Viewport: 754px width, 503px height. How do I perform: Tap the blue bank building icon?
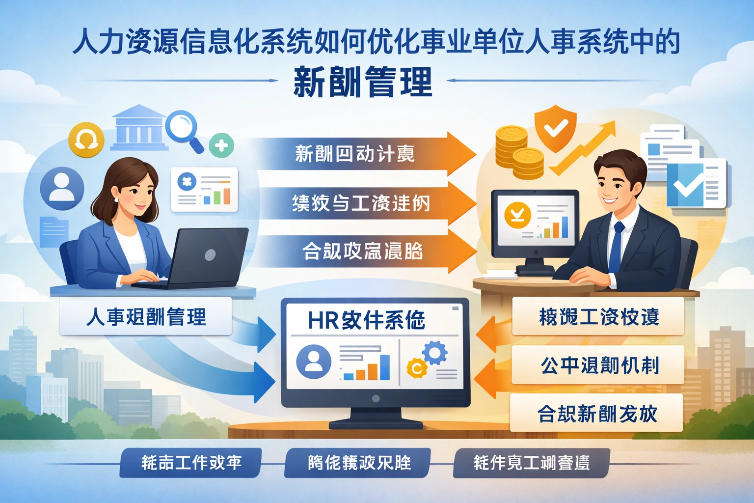(x=139, y=127)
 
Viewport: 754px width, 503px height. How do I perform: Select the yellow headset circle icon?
(x=86, y=140)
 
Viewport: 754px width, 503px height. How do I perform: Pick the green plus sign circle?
(x=221, y=145)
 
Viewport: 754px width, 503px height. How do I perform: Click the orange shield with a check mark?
(x=555, y=129)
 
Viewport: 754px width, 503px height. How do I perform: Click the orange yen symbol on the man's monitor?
(x=517, y=215)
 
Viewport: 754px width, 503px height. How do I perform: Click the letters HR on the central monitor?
(x=323, y=320)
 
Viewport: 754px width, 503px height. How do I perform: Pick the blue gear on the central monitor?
(x=434, y=352)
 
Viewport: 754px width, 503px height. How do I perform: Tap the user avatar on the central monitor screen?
(x=314, y=361)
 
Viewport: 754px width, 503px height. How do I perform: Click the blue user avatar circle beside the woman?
(x=62, y=188)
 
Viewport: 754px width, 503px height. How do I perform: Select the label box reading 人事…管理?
(x=146, y=317)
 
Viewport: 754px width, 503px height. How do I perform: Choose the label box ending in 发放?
(x=596, y=413)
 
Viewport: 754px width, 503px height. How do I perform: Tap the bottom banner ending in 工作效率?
(x=190, y=463)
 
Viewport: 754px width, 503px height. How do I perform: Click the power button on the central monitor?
(x=376, y=398)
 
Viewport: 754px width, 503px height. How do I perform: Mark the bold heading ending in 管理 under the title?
(x=363, y=82)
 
